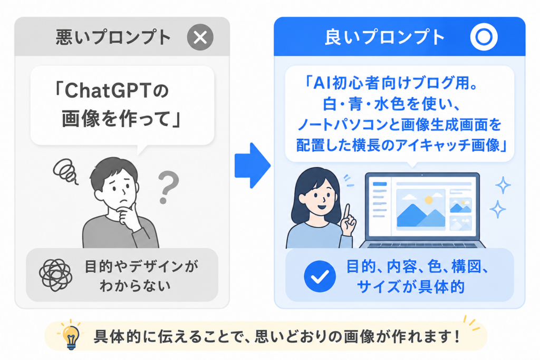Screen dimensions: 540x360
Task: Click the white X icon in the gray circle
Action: [x=200, y=37]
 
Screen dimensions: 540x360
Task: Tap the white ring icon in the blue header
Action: [x=484, y=28]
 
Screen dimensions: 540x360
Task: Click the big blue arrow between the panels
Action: [x=253, y=166]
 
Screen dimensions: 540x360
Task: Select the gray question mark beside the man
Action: [x=168, y=188]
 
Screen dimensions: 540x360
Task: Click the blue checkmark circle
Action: [x=320, y=276]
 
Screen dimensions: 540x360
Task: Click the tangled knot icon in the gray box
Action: [x=55, y=275]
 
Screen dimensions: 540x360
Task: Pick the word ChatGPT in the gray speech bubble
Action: [x=108, y=91]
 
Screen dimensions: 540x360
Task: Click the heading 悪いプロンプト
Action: [x=113, y=37]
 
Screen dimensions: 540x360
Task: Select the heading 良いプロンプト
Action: [x=384, y=37]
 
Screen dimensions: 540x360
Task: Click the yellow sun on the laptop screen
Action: [x=429, y=200]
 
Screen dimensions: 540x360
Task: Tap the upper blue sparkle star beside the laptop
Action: [x=503, y=185]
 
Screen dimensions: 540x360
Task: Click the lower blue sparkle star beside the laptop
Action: [x=498, y=209]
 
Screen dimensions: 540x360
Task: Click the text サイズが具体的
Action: [x=411, y=287]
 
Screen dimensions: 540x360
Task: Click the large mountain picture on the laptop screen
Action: [x=421, y=209]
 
